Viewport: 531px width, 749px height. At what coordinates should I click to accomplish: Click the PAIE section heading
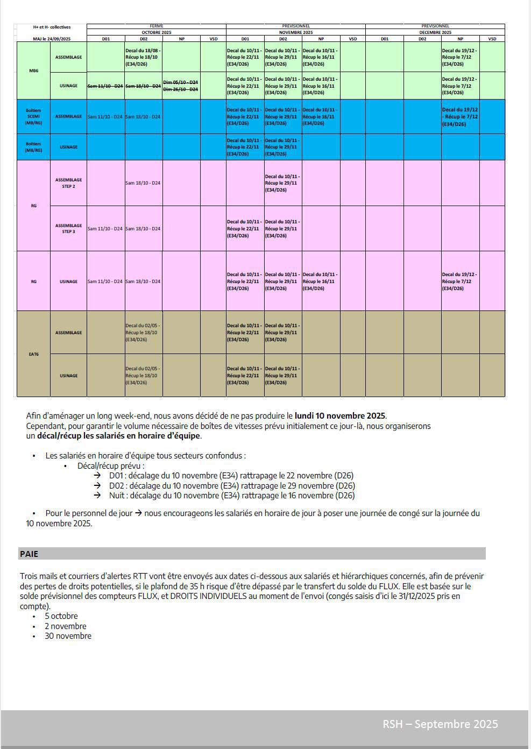coord(29,554)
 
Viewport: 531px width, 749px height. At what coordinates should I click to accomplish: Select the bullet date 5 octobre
coord(61,616)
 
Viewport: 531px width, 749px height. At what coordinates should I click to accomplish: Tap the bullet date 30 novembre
coord(68,636)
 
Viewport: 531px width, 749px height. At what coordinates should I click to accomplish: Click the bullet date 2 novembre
coord(66,626)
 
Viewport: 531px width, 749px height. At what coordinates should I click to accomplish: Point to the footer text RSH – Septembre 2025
coord(440,724)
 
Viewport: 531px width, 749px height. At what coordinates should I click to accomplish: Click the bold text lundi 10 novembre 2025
coord(340,416)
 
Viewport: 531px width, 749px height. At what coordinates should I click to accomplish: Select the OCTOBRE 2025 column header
coord(156,32)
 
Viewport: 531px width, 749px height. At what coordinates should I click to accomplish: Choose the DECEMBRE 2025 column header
coord(435,32)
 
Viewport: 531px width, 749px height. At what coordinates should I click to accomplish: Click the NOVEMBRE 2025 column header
coord(295,32)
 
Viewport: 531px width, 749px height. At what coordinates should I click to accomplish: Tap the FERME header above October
coord(156,26)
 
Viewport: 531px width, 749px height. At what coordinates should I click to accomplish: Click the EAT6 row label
coord(33,354)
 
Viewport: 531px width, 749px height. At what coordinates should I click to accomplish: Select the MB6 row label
coord(33,70)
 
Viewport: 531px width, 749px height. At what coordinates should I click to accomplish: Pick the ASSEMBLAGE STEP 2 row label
coord(68,183)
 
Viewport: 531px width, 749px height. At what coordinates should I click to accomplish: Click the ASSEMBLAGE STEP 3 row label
coord(68,229)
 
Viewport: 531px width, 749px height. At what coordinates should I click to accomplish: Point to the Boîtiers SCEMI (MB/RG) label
coord(33,116)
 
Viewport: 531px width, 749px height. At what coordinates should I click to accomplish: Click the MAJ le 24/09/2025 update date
coord(52,39)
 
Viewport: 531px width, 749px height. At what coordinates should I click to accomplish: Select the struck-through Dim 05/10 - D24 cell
coord(180,82)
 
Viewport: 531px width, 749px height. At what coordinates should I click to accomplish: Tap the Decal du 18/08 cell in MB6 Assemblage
coord(143,57)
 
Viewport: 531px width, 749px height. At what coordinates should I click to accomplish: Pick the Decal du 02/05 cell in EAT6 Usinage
coord(143,376)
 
